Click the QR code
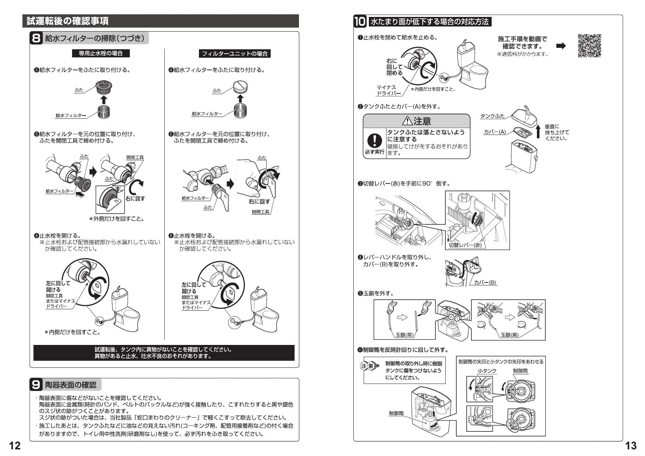click(589, 46)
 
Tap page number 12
click(15, 446)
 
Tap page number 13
click(631, 446)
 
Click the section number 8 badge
click(36, 38)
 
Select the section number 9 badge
click(36, 385)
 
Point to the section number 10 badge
click(360, 22)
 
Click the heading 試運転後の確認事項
click(68, 21)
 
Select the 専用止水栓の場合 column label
click(101, 53)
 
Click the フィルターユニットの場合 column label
click(235, 54)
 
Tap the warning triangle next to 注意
click(407, 121)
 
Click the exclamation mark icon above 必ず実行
click(374, 140)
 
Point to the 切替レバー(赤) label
click(465, 245)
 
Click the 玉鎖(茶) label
click(405, 335)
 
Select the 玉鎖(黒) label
click(509, 335)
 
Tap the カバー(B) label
click(485, 282)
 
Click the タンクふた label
click(492, 116)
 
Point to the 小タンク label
click(487, 371)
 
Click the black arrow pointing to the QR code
click(561, 46)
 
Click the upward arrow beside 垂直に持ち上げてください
click(538, 131)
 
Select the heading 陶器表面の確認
click(71, 385)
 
